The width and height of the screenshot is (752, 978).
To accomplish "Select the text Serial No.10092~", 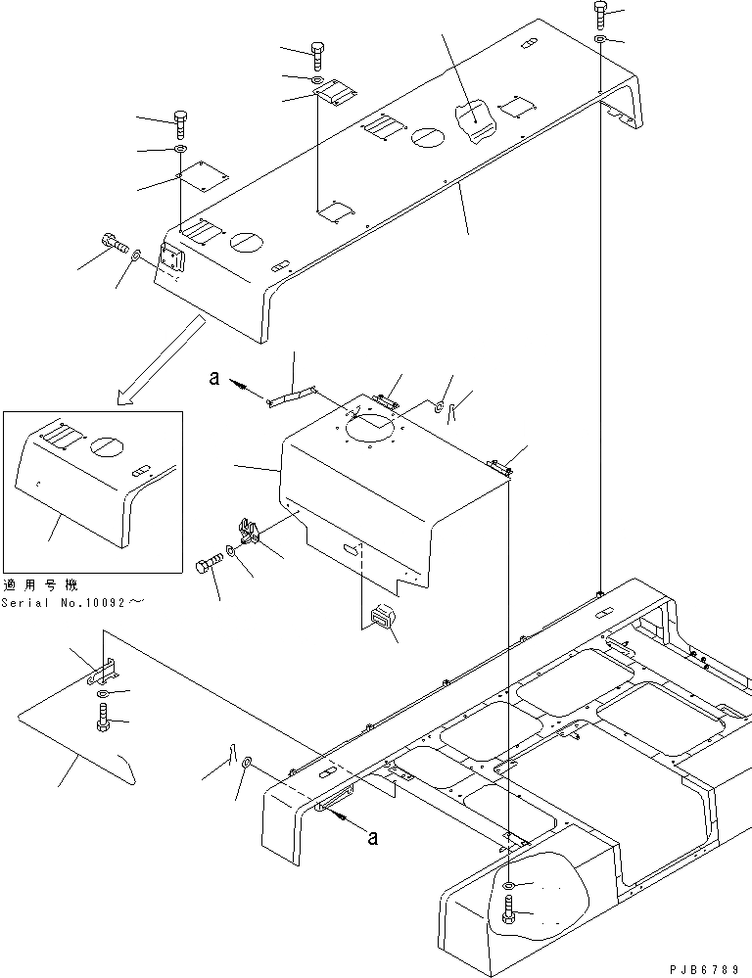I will tap(72, 602).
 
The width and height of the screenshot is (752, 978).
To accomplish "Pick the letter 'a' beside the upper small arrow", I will tap(214, 377).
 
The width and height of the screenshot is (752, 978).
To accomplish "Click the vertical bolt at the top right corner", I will tap(600, 16).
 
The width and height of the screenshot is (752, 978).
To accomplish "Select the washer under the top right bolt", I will tap(600, 40).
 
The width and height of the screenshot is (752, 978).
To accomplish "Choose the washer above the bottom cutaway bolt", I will tap(509, 886).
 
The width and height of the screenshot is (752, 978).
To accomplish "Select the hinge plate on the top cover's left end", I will tap(171, 261).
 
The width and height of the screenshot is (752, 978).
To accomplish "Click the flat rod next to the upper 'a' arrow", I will tap(290, 394).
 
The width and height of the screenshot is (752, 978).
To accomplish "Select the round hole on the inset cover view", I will tap(104, 444).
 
